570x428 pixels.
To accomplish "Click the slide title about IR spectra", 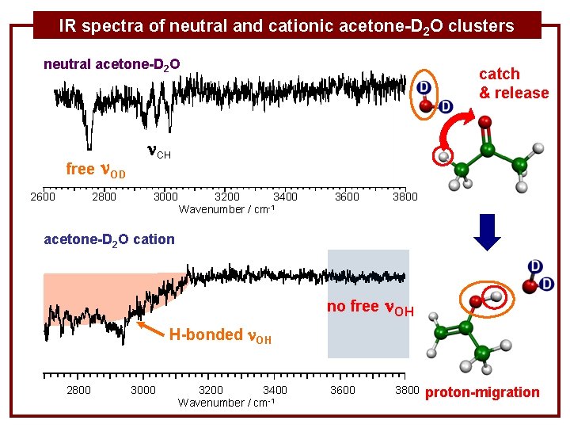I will tap(287, 25).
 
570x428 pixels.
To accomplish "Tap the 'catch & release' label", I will tap(513, 83).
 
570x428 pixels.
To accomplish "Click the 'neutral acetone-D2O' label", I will tap(112, 63).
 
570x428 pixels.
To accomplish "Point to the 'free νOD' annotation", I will tap(96, 169).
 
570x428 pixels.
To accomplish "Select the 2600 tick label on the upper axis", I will tap(43, 197).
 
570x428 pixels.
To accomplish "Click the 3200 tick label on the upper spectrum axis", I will tap(229, 197).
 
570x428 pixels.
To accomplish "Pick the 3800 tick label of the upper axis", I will tap(405, 197).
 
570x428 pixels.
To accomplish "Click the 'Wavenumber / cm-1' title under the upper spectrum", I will tap(227, 209).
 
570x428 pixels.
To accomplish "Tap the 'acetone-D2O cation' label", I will tap(109, 239).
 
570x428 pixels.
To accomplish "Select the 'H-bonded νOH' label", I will tap(220, 335).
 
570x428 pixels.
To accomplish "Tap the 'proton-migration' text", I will tap(483, 392).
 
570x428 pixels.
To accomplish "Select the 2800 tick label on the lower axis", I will tap(78, 390).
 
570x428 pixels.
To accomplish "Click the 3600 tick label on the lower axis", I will tap(343, 390).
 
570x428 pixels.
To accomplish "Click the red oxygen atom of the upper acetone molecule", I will tap(484, 123).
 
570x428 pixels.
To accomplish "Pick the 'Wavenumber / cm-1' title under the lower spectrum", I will tap(226, 403).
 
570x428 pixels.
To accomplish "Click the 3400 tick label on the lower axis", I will tap(275, 390).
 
